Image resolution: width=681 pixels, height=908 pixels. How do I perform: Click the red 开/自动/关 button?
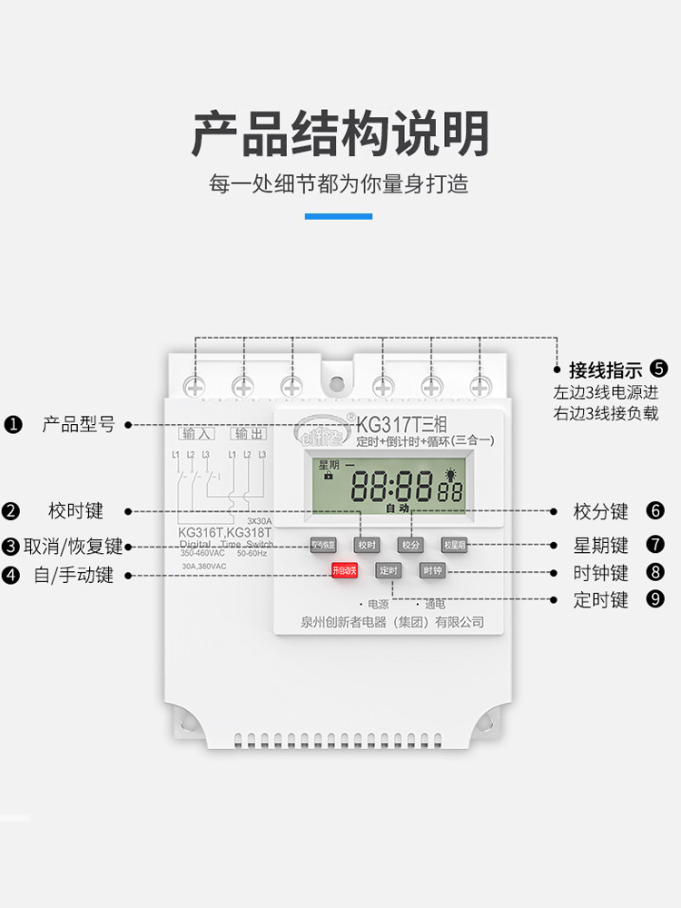[x=345, y=571]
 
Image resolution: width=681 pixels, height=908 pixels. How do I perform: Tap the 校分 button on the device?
[x=410, y=545]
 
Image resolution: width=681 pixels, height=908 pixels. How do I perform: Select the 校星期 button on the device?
[x=454, y=545]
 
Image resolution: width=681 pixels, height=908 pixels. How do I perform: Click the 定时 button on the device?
[x=388, y=571]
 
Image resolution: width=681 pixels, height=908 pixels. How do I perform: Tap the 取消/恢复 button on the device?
[x=323, y=545]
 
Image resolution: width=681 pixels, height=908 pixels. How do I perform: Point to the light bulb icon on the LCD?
[x=449, y=475]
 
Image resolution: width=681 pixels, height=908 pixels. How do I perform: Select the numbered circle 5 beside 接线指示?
[x=659, y=370]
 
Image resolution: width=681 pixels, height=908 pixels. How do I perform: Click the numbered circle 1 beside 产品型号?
[x=13, y=424]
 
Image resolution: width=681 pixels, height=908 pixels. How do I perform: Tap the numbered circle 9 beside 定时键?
[x=656, y=599]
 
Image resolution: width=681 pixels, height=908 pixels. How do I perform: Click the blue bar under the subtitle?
[x=338, y=216]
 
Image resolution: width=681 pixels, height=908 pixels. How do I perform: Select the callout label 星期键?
[x=601, y=546]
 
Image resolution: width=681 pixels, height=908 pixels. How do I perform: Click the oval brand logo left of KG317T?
[x=319, y=430]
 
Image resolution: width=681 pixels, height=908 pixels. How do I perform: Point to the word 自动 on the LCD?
[x=397, y=508]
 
